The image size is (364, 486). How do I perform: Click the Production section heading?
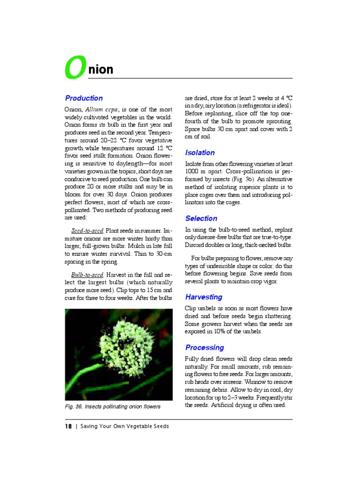click(84, 98)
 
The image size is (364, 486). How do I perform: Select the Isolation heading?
click(200, 153)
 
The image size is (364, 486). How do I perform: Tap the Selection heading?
click(201, 218)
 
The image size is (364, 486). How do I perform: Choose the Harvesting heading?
click(203, 297)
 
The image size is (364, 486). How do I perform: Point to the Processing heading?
click(204, 347)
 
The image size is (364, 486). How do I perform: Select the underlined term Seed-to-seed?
click(87, 231)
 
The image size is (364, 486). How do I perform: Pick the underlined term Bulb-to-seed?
click(87, 275)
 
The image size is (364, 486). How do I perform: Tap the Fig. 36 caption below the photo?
click(112, 407)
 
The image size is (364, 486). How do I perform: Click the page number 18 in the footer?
click(68, 426)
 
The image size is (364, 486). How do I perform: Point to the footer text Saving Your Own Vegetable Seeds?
click(125, 426)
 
